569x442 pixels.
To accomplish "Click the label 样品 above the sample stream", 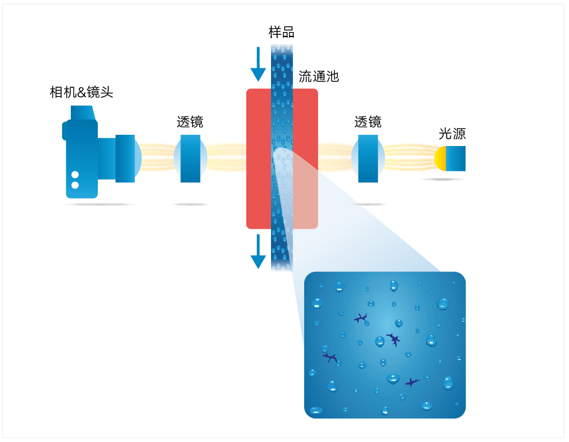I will pos(281,33).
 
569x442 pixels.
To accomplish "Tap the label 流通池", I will pos(318,76).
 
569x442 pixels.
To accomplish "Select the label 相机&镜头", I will pos(82,92).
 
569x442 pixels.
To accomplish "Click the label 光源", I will pos(452,134).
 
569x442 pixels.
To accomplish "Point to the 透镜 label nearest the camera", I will pos(190,122).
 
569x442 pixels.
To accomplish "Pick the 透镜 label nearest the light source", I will pos(368,122).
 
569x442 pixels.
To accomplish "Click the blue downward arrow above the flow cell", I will pos(258,65).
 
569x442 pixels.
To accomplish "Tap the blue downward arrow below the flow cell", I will pos(258,252).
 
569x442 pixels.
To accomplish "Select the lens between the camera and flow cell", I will pos(190,158).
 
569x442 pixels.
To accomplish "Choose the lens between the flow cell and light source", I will pos(368,158).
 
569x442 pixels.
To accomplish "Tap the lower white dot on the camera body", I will pos(75,185).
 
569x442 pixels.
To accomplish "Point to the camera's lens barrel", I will pos(125,158).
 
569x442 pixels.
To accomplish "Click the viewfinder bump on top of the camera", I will pos(82,112).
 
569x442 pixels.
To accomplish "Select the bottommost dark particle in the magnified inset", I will pos(412,382).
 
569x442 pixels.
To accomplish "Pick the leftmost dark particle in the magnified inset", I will pos(331,357).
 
